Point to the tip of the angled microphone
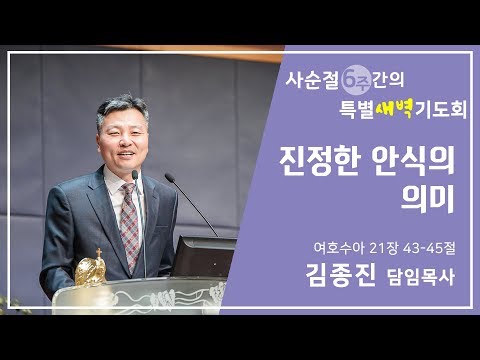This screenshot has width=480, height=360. pyautogui.click(x=168, y=178)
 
